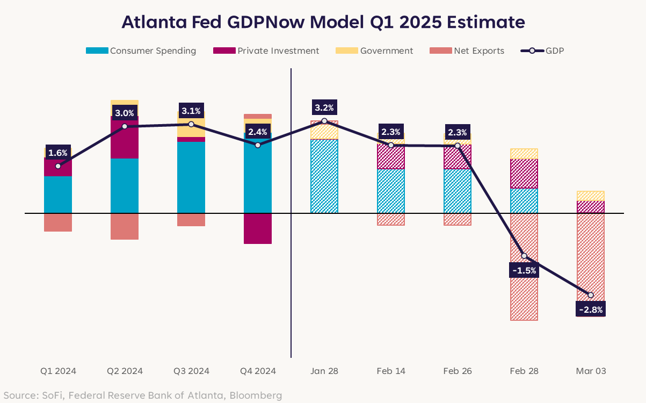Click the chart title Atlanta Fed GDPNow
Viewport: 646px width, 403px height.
(323, 22)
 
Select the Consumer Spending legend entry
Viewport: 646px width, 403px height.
(141, 51)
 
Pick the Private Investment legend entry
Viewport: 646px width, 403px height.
(266, 51)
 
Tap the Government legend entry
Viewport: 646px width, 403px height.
(375, 51)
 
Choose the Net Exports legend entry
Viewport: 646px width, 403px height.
(467, 51)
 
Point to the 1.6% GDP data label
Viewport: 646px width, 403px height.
(58, 153)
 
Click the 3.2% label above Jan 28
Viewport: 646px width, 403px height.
(324, 107)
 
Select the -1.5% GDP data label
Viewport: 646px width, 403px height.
(524, 270)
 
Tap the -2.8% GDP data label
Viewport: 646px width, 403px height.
(591, 310)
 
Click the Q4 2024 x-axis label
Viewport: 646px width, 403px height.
(258, 371)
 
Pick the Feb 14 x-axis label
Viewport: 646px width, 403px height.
(391, 371)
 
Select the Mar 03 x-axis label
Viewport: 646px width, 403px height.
(591, 371)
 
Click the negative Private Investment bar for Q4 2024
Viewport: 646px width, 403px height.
(258, 228)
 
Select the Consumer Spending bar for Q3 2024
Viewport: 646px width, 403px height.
(191, 177)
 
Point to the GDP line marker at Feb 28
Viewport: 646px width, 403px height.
(524, 256)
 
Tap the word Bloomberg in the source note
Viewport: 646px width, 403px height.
(256, 395)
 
